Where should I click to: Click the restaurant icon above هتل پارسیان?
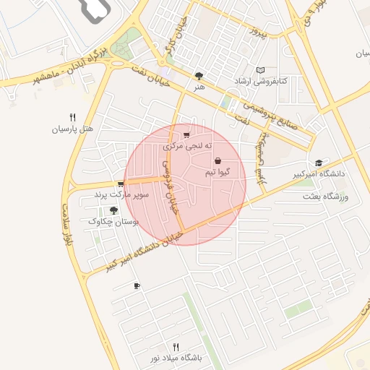tap(72, 117)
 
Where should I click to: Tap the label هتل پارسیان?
tap(72, 129)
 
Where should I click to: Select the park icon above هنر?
tap(199, 74)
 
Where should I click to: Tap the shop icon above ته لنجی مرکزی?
tap(187, 134)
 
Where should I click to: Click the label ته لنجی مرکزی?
tap(189, 146)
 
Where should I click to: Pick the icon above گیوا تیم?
tap(218, 161)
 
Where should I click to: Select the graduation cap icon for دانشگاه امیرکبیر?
tap(319, 163)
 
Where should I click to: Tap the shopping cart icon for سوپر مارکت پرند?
tap(121, 184)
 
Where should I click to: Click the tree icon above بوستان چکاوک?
tap(113, 211)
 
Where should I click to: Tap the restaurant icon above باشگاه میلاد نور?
tap(176, 347)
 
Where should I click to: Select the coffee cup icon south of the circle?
tap(137, 287)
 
